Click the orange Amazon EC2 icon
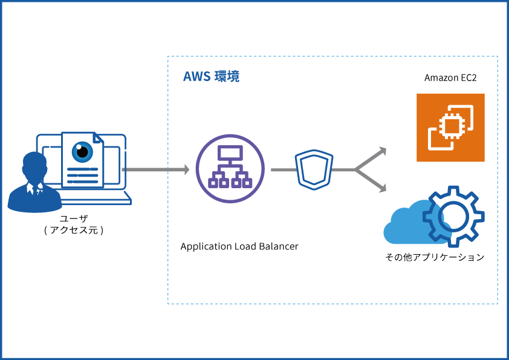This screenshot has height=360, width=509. coord(450,128)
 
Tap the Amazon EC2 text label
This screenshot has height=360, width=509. coord(450,78)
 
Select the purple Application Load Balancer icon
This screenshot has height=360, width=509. coord(230,169)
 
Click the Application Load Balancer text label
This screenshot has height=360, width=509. coord(239,247)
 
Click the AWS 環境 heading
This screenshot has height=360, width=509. coord(211,77)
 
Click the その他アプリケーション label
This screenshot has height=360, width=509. coord(435,257)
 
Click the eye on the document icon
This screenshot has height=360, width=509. coord(82,152)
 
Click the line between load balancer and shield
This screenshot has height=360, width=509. coord(282,170)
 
